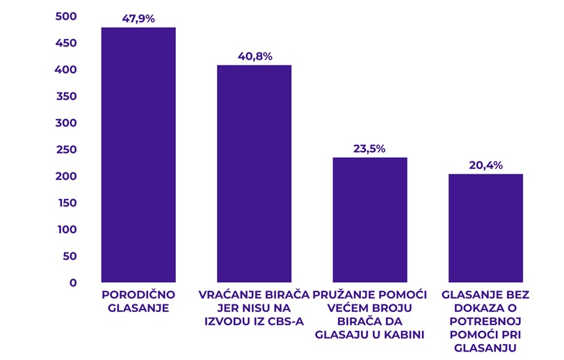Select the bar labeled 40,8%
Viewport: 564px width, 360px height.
254,173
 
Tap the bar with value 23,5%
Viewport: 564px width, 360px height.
369,220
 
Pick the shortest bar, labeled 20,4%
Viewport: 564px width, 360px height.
485,228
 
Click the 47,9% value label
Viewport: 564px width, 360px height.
138,19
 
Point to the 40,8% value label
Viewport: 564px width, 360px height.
254,56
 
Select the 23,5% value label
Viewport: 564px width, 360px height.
369,149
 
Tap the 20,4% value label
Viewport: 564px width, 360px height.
485,165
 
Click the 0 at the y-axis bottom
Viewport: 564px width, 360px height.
72,283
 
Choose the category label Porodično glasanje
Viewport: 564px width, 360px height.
138,301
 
